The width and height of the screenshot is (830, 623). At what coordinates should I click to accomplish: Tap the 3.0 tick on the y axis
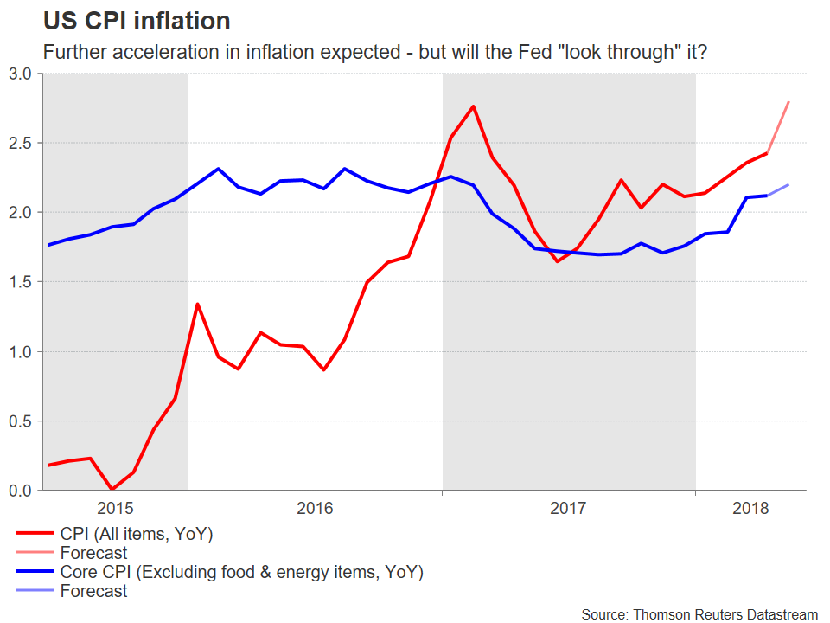(21, 74)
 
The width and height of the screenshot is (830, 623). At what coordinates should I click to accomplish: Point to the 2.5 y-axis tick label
(21, 143)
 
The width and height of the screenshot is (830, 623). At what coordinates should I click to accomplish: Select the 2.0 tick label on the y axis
(21, 212)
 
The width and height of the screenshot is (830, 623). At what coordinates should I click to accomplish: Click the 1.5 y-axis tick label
(21, 282)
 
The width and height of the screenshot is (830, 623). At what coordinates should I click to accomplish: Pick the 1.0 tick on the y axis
(21, 351)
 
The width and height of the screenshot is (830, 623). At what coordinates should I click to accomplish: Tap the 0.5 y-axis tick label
(21, 421)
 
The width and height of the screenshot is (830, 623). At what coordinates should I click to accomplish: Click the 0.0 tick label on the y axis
(21, 491)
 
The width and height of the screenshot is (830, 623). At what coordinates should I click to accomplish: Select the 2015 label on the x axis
(115, 508)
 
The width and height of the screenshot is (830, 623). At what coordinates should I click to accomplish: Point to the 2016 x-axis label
(315, 508)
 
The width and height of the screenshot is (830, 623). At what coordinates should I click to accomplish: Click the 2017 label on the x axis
(568, 508)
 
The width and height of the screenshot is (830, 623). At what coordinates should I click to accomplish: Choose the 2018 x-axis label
(750, 508)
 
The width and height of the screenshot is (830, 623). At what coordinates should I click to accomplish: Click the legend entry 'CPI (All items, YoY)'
(136, 534)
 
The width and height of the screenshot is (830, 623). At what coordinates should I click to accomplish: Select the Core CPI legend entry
(241, 572)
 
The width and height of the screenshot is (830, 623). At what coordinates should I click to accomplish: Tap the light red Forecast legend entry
(93, 553)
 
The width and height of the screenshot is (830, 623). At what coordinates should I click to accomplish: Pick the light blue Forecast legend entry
(93, 592)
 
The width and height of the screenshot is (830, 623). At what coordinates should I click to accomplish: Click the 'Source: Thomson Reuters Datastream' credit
(699, 613)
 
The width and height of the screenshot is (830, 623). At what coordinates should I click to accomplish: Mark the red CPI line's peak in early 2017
(473, 106)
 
